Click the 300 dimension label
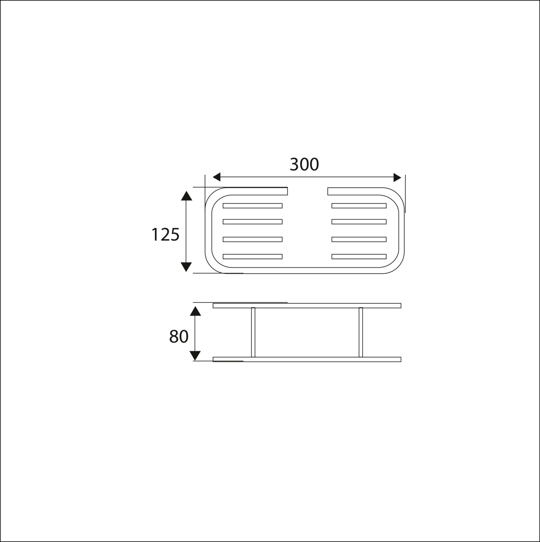304,164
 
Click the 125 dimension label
165,235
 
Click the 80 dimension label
179,337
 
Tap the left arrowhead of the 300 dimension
216,177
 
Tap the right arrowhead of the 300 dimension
397,177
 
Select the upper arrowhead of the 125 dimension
186,195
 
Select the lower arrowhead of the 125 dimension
186,267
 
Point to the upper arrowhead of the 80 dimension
195,311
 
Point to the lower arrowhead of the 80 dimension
195,356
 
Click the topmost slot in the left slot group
252,206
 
